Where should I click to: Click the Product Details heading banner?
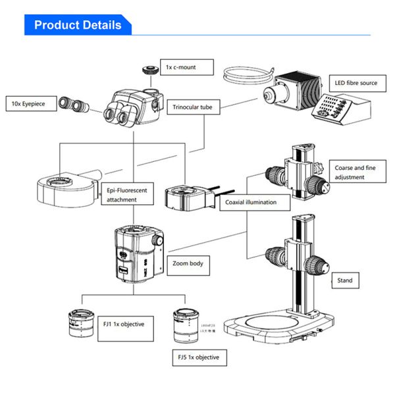(x=78, y=25)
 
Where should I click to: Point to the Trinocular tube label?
(x=194, y=107)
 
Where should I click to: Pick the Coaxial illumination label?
(x=251, y=202)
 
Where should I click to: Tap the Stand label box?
(x=345, y=280)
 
